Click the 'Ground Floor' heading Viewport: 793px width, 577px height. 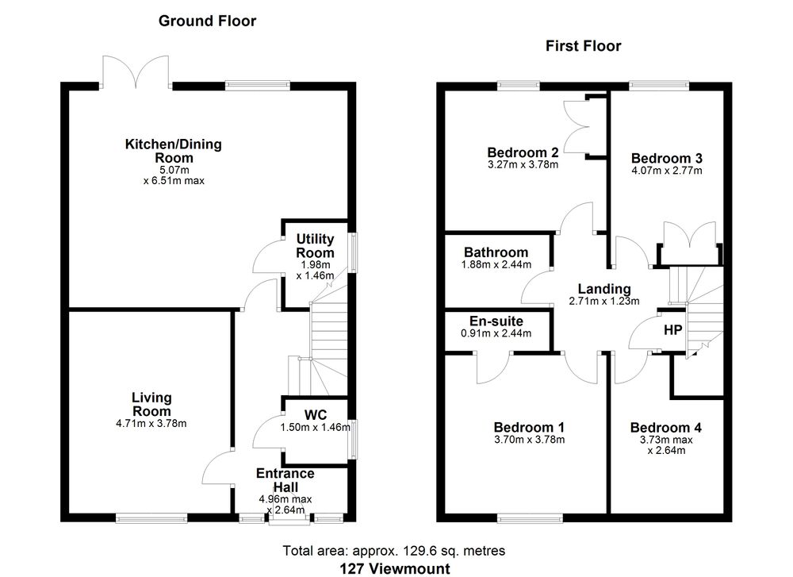(x=207, y=21)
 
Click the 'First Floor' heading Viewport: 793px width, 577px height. (x=583, y=46)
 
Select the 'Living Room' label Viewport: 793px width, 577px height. (x=151, y=405)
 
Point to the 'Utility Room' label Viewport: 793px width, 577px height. (x=315, y=245)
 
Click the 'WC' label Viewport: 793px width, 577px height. (x=316, y=414)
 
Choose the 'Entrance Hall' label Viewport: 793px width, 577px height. (x=285, y=480)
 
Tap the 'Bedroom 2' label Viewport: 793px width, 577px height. (x=523, y=152)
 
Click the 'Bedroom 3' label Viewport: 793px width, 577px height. (x=665, y=157)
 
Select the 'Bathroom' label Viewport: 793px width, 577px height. (x=496, y=252)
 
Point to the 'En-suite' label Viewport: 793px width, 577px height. (x=496, y=321)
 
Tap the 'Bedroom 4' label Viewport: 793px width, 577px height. (x=666, y=428)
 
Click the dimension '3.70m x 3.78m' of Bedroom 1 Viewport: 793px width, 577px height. (x=529, y=440)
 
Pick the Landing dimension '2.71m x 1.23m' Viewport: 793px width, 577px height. (x=604, y=302)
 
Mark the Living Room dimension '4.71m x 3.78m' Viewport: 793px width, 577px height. (x=151, y=424)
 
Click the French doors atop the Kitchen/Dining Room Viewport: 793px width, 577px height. (x=136, y=73)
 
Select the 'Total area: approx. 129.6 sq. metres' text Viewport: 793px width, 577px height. (x=394, y=550)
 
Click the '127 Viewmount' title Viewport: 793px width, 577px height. (x=394, y=568)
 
